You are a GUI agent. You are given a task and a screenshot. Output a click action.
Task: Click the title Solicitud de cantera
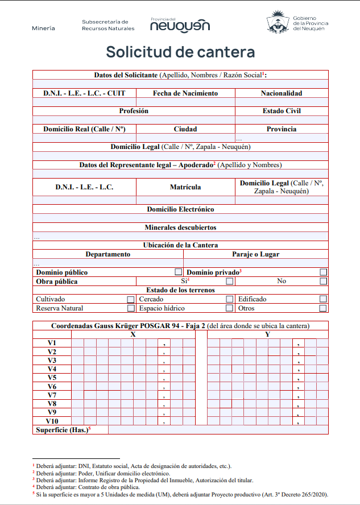point(180,52)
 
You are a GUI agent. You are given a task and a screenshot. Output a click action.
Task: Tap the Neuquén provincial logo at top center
point(180,24)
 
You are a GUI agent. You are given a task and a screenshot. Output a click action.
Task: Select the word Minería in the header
point(44,28)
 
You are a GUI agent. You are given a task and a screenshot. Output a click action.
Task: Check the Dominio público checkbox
point(179,272)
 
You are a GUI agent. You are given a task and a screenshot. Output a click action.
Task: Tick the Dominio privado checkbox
point(324,272)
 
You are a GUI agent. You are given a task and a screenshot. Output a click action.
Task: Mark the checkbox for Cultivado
point(131,299)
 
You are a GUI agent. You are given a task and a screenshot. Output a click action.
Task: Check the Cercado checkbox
point(229,299)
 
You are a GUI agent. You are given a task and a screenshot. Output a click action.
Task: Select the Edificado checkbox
point(323,299)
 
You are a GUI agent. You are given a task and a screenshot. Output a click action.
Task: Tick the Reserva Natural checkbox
point(131,308)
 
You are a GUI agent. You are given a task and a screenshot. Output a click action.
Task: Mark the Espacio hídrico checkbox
point(229,308)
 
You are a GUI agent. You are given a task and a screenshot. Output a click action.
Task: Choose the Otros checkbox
point(323,308)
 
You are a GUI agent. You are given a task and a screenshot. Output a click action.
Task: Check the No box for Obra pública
point(323,281)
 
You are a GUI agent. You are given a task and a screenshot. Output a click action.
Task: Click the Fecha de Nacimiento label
point(185,93)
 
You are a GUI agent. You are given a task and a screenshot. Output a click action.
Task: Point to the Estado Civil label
point(282,111)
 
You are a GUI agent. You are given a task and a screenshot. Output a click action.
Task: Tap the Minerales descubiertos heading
point(180,227)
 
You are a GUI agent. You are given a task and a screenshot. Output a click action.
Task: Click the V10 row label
point(52,421)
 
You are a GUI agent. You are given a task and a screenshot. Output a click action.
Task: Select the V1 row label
point(52,343)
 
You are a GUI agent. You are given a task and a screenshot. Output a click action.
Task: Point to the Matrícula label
point(185,187)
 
